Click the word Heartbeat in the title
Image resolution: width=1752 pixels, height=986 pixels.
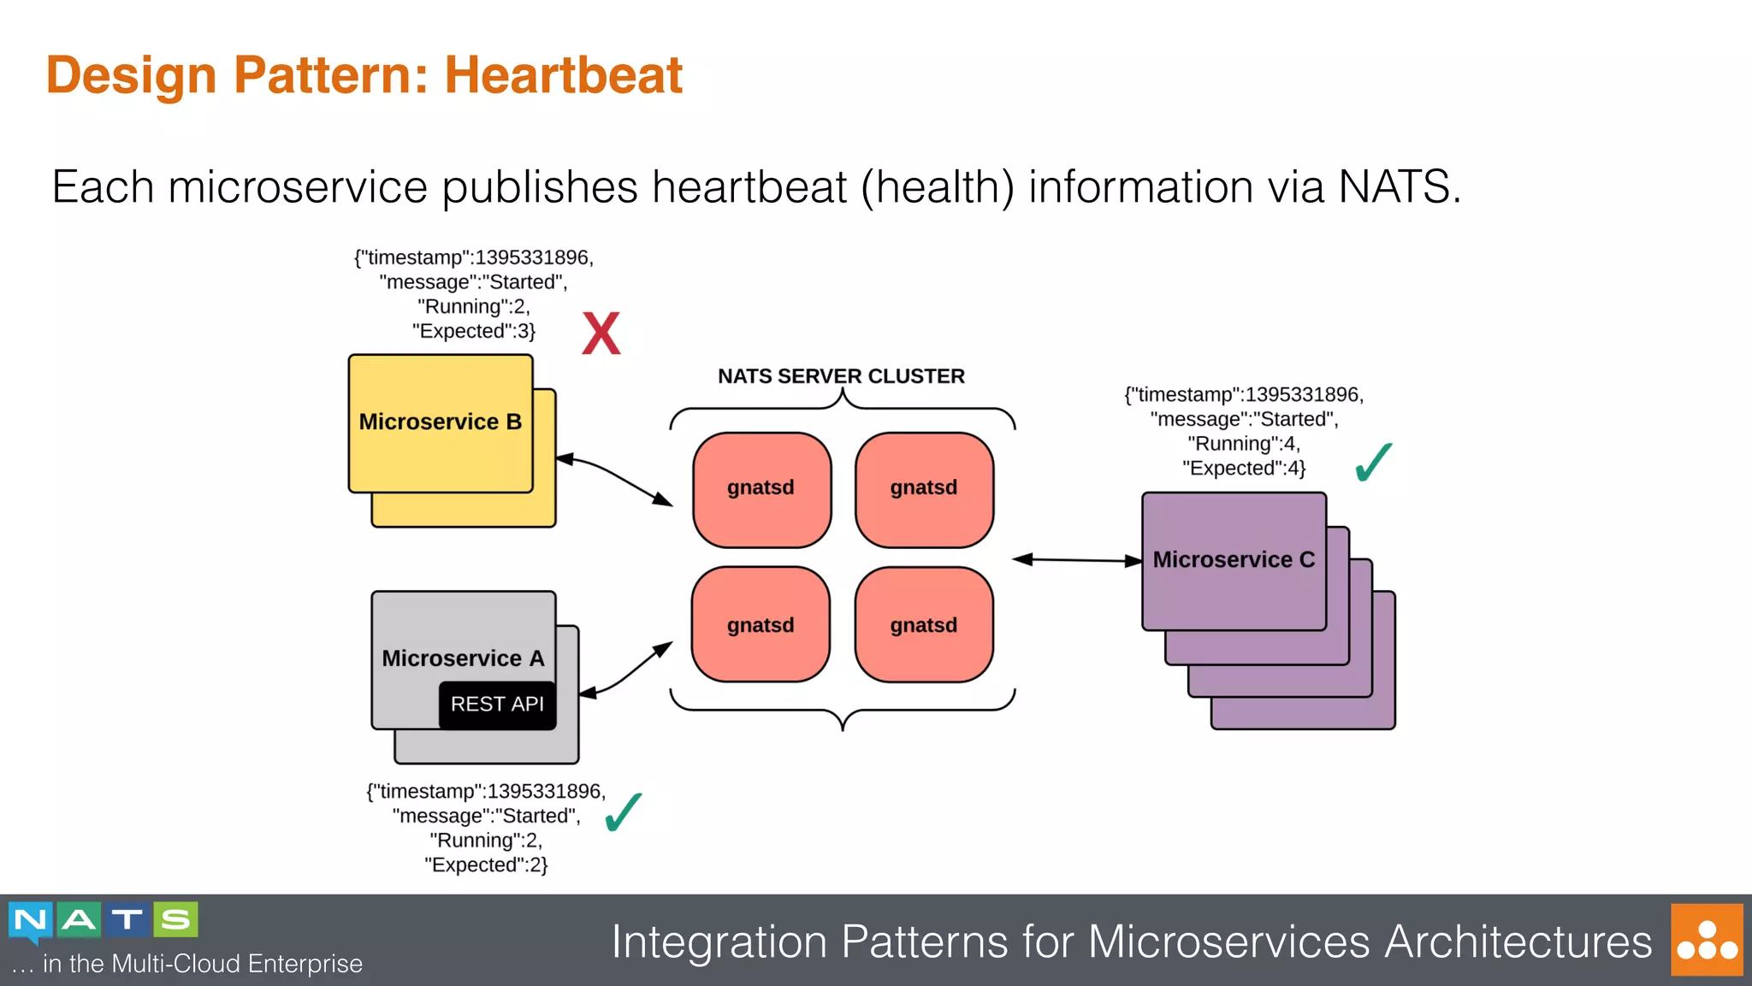click(x=563, y=75)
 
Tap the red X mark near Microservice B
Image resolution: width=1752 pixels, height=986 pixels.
click(x=601, y=334)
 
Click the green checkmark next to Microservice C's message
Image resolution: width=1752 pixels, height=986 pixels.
click(x=1374, y=463)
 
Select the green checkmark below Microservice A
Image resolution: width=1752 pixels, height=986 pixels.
click(x=623, y=812)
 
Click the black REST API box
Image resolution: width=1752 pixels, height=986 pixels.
click(x=497, y=704)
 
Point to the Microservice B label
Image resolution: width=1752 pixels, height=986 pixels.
click(x=440, y=422)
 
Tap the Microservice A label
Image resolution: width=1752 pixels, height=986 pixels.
click(x=463, y=658)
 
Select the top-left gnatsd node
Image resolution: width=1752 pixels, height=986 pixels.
click(x=761, y=488)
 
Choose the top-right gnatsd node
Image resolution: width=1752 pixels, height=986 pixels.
click(x=923, y=488)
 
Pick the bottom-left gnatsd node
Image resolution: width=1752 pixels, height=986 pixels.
click(x=761, y=625)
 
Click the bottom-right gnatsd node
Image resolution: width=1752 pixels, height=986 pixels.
click(x=923, y=625)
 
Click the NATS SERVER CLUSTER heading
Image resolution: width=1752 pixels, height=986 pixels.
click(x=841, y=376)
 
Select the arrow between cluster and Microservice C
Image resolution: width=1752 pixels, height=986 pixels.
click(x=1077, y=560)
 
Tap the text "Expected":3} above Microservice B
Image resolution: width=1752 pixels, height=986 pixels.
click(x=473, y=331)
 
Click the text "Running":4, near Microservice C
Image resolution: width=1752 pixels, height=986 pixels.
click(x=1243, y=444)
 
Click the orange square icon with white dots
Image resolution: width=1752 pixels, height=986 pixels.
click(x=1707, y=940)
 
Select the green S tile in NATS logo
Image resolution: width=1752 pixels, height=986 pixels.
click(x=176, y=920)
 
